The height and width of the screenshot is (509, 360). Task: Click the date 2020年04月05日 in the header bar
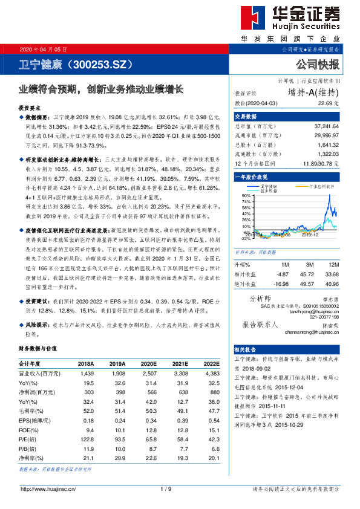(x=44, y=48)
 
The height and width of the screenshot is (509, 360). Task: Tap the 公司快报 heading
(x=317, y=64)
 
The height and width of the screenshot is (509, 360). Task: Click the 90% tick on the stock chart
(x=245, y=195)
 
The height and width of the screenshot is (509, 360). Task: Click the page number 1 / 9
(x=166, y=488)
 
